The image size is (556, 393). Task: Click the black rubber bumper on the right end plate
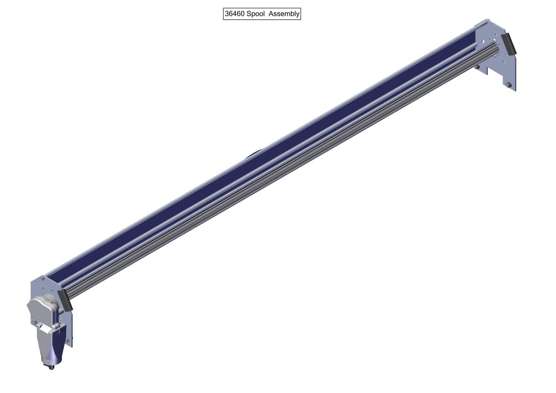point(508,44)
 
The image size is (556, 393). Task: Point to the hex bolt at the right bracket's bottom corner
point(509,85)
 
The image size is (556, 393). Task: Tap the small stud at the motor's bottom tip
point(52,367)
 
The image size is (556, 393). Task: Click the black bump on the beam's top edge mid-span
point(253,156)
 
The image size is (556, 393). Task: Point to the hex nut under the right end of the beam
point(477,67)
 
